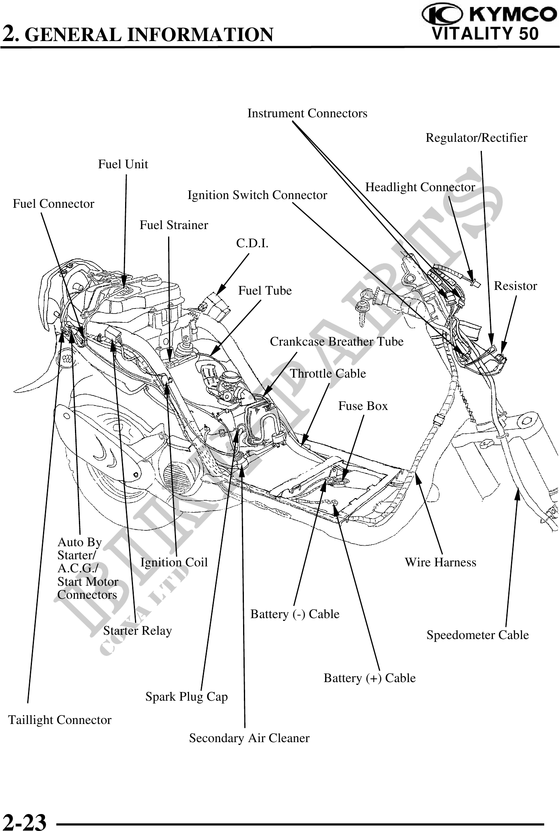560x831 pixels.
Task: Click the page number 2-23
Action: (x=25, y=821)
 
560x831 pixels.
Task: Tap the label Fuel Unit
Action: (x=123, y=164)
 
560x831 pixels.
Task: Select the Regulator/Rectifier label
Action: (x=476, y=138)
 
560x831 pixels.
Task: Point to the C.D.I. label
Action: (x=252, y=244)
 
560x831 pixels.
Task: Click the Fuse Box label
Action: (x=363, y=406)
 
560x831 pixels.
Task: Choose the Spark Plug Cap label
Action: (x=186, y=696)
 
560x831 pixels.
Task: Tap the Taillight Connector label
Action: (x=60, y=720)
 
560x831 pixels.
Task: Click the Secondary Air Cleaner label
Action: (x=249, y=738)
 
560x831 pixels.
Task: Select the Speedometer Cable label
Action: (x=477, y=635)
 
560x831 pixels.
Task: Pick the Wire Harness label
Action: (x=440, y=562)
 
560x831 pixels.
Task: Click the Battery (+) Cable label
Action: (x=369, y=678)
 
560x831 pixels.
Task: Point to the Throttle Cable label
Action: (x=328, y=374)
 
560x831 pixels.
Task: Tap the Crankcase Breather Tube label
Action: (x=336, y=342)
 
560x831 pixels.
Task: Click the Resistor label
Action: (x=515, y=286)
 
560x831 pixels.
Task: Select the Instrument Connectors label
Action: (x=307, y=114)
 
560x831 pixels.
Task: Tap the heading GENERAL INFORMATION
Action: (x=151, y=35)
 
